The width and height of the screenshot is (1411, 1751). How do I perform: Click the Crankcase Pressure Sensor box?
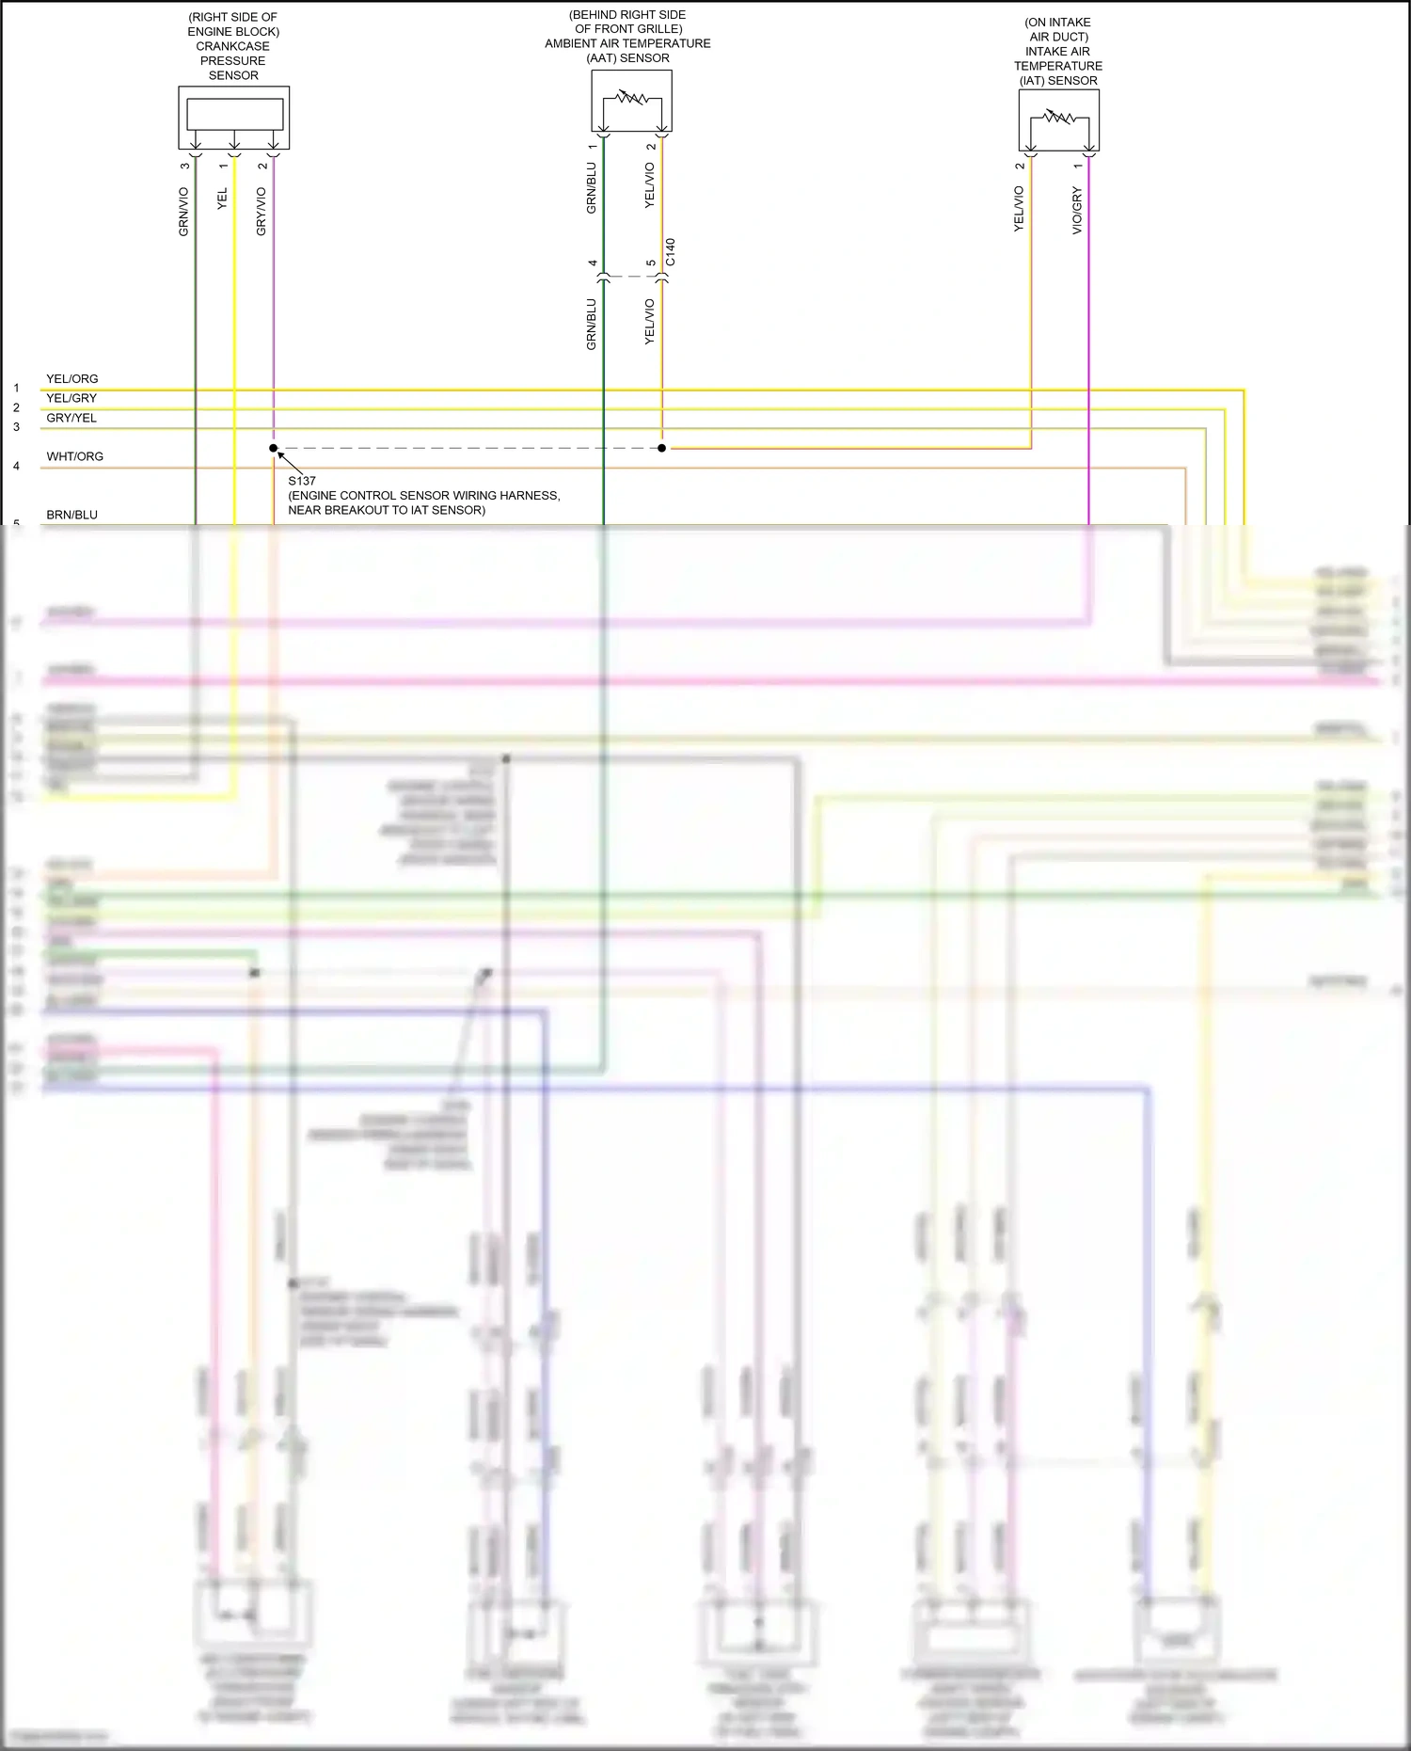click(x=234, y=117)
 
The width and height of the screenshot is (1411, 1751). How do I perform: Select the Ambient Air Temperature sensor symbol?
click(x=631, y=101)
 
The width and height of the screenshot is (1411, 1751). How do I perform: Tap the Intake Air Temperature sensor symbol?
click(x=1058, y=120)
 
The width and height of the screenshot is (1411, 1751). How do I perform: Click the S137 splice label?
click(x=302, y=481)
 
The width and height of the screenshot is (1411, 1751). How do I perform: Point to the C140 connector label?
click(x=671, y=252)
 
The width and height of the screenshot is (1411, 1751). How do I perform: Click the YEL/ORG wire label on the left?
click(x=72, y=379)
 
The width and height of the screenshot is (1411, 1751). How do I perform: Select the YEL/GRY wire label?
click(x=71, y=398)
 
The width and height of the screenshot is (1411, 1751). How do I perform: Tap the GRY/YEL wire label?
click(x=71, y=418)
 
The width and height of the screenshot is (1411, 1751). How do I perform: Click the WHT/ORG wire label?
click(x=75, y=456)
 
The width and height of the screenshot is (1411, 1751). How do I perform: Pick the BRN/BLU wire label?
click(x=72, y=515)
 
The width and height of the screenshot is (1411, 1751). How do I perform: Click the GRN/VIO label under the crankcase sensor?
click(x=184, y=212)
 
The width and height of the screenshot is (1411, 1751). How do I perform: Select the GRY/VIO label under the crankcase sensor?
click(x=262, y=212)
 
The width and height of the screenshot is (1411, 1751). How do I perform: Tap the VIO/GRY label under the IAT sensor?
click(x=1077, y=211)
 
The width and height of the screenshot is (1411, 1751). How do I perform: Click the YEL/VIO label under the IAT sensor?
click(x=1019, y=209)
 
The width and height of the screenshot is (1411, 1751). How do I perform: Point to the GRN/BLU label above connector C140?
click(x=592, y=188)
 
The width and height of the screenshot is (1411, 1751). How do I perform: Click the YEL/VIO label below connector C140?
click(x=650, y=322)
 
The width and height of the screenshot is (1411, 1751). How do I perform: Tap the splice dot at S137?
click(x=274, y=449)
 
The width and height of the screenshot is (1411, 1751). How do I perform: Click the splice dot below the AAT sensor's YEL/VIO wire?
click(x=662, y=449)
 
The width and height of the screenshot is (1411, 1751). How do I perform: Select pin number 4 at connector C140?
click(x=593, y=263)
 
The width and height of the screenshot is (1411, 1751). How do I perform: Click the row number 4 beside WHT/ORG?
click(x=16, y=467)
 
